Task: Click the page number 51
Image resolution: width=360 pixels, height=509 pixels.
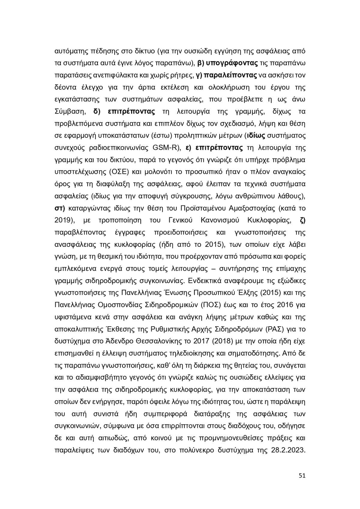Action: [x=302, y=476]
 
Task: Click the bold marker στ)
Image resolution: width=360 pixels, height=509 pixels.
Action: [x=60, y=208]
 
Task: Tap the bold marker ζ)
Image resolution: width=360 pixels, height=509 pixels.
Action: [x=302, y=220]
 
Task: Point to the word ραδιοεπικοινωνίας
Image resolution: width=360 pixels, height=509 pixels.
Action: [x=112, y=148]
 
